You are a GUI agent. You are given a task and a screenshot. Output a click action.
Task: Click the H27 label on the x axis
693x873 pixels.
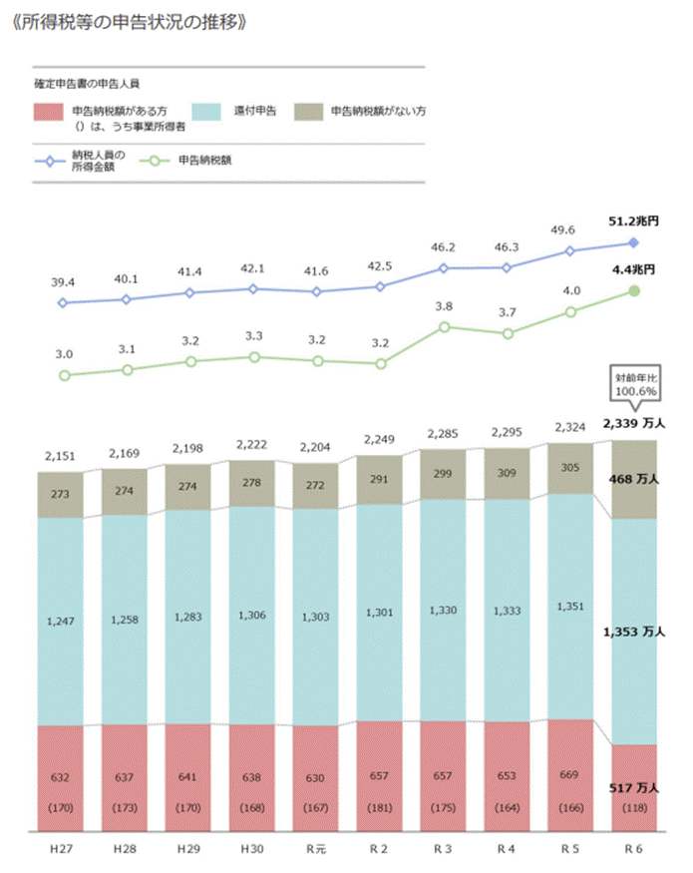pos(60,848)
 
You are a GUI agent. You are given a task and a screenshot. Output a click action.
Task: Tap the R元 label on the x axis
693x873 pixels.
pos(316,848)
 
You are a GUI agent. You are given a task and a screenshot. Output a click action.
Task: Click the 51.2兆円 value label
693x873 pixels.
pos(633,221)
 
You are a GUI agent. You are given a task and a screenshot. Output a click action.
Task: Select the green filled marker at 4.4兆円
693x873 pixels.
pos(634,290)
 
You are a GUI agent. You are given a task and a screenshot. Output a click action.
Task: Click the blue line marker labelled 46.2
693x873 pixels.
pos(444,268)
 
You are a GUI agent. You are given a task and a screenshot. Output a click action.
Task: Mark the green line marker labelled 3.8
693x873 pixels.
pos(444,326)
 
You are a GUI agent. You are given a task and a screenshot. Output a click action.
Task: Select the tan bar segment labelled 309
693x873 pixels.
pos(508,471)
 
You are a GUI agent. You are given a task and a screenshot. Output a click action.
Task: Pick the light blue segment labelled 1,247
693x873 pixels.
pos(60,621)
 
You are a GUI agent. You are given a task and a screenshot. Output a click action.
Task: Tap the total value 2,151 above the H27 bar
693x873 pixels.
pos(60,457)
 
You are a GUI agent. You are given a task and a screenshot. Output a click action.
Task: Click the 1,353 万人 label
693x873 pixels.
pos(634,632)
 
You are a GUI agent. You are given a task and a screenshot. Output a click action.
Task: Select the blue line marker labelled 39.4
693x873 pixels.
pos(63,302)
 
